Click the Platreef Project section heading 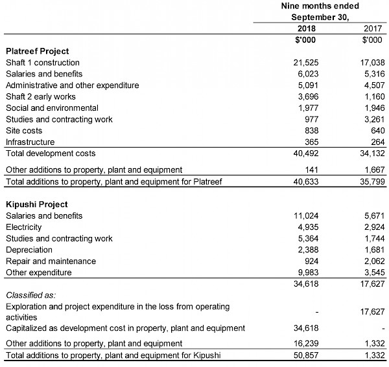pyautogui.click(x=37, y=51)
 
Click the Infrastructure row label pyautogui.click(x=30, y=142)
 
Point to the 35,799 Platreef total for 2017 pyautogui.click(x=370, y=182)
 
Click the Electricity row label pyautogui.click(x=23, y=227)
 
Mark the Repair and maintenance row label pyautogui.click(x=51, y=261)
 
